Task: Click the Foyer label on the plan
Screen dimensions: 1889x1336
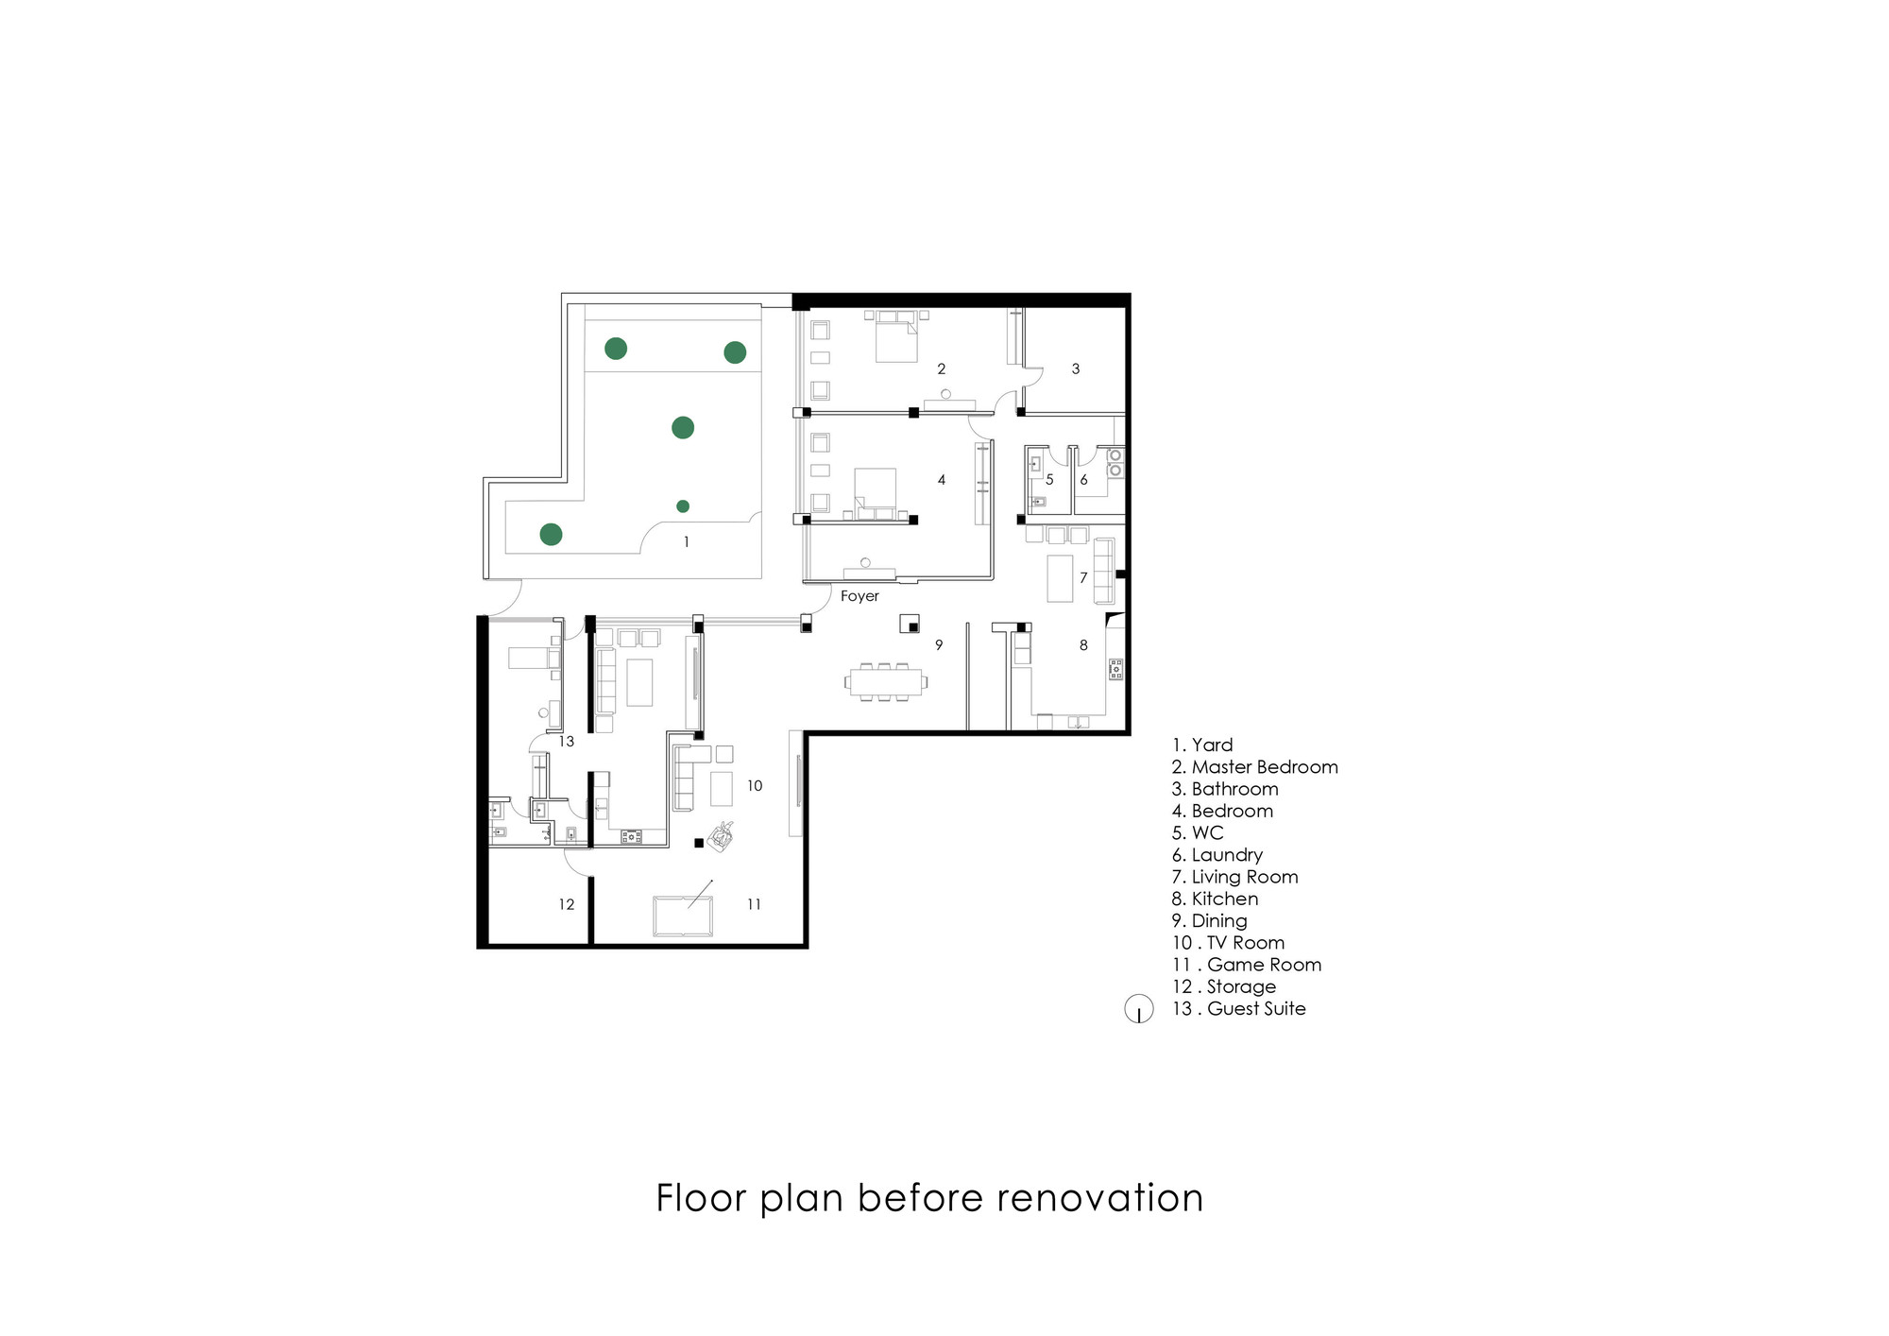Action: coord(859,596)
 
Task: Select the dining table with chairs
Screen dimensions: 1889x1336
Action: coord(886,681)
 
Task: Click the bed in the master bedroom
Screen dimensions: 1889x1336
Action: coord(895,337)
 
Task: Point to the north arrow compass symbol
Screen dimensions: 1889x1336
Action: coord(1139,1010)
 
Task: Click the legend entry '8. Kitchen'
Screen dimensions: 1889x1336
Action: coord(1215,899)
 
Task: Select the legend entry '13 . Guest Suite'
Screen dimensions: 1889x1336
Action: coord(1239,1008)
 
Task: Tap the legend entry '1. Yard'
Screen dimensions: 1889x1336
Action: coord(1202,745)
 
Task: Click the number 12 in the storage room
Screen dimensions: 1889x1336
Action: coord(566,904)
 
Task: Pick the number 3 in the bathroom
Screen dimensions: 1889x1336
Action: coord(1075,368)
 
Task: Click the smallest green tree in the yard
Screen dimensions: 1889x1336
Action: coord(683,506)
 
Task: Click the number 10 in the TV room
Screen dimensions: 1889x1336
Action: coord(754,785)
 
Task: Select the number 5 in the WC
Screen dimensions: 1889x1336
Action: coord(1049,480)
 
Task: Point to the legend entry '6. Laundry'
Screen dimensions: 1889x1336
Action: coord(1217,855)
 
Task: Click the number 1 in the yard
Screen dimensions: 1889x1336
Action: coord(686,541)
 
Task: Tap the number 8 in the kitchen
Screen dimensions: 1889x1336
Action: coord(1083,644)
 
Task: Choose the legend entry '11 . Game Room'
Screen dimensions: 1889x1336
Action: coord(1247,965)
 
